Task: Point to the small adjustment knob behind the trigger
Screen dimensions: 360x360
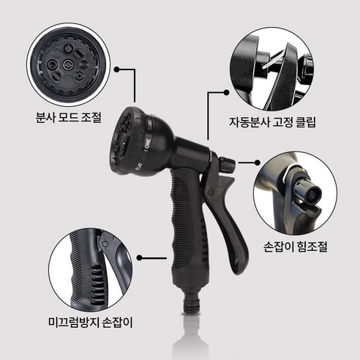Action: (228, 162)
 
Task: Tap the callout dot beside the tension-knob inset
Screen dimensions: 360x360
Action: (258, 162)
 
